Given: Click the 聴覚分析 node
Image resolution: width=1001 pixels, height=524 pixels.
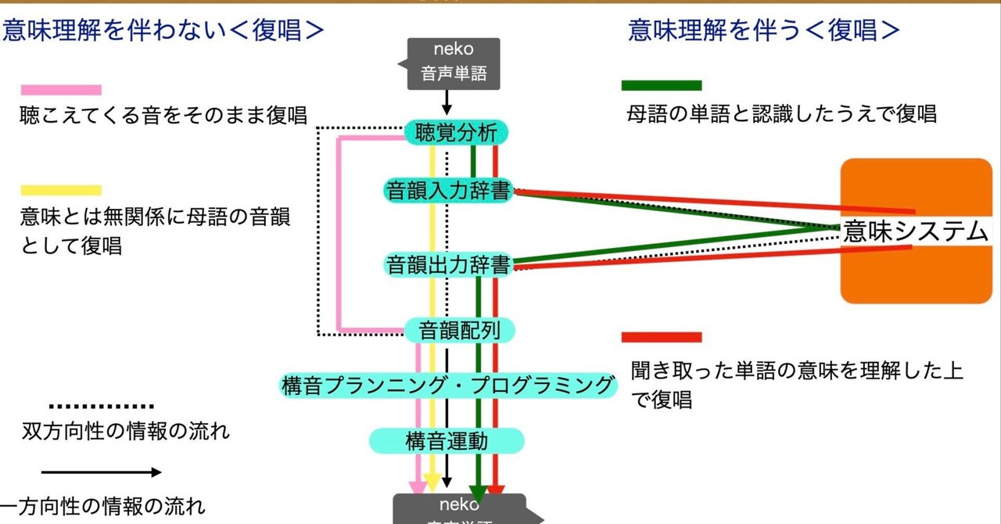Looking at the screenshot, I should [457, 133].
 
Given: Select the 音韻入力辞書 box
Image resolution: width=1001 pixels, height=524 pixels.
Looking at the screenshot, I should [449, 190].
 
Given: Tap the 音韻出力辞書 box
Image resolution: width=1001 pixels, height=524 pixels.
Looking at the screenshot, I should [449, 264].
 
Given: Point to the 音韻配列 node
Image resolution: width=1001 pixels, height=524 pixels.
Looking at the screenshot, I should [459, 330].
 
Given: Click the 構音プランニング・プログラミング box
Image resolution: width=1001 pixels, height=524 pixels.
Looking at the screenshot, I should [447, 384].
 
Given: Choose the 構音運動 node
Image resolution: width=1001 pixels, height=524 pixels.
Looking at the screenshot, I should [446, 440].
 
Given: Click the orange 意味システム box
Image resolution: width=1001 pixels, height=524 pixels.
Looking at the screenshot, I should [916, 231].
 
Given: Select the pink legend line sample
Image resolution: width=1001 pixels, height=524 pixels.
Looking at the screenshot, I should [61, 90].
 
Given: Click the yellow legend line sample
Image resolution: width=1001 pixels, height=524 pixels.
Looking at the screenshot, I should [61, 190].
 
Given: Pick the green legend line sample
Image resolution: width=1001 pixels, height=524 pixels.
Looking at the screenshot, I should [662, 85].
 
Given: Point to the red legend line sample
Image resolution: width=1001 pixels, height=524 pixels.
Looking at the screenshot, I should [662, 337].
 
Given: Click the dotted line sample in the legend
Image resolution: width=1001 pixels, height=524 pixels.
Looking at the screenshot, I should [101, 406].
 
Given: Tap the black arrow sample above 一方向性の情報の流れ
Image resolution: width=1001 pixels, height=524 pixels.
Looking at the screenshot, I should [101, 472].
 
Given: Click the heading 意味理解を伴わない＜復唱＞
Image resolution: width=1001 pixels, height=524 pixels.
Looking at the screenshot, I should [163, 30].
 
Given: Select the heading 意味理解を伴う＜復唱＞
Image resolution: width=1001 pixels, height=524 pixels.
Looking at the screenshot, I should [764, 30].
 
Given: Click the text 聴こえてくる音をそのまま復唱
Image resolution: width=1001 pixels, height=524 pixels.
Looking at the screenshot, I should [163, 115].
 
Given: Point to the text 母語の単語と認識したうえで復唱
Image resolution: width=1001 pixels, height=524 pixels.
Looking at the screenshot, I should [782, 114].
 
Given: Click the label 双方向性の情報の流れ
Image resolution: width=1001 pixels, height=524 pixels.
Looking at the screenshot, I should [126, 431].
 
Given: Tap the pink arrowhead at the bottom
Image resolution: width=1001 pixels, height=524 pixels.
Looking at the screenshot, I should [418, 487].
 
